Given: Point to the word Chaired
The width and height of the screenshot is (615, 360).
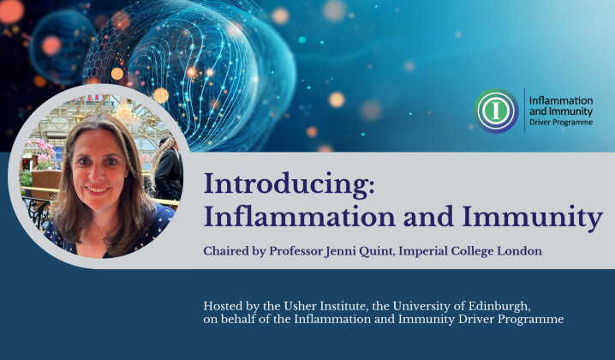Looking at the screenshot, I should (x=227, y=251).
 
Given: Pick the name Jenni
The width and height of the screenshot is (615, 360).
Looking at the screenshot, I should (x=357, y=251).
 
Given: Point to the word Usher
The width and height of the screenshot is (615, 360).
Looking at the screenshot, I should (x=305, y=306).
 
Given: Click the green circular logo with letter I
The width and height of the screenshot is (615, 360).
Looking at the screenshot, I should (x=496, y=111).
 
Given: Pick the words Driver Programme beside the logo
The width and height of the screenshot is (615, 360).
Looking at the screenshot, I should (x=562, y=123).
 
